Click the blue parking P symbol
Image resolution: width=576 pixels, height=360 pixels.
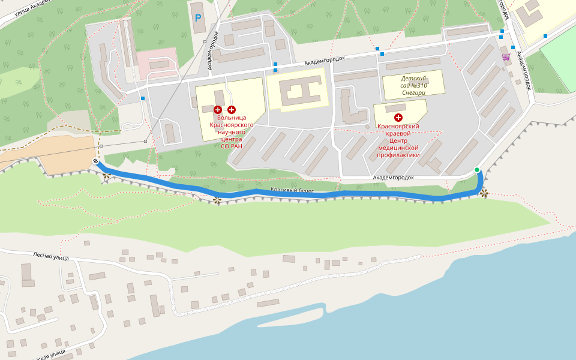[198, 18]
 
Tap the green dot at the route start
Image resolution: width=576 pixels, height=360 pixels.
[477, 170]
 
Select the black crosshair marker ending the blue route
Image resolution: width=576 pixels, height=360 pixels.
[96, 161]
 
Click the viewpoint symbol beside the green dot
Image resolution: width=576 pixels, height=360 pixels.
[484, 193]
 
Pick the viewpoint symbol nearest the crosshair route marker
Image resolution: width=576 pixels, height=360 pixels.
[107, 175]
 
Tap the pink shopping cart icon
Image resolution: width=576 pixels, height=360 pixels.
[506, 57]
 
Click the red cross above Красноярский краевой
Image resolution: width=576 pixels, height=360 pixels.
[398, 118]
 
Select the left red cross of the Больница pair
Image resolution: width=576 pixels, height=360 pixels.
[218, 109]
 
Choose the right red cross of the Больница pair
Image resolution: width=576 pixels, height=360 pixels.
[232, 109]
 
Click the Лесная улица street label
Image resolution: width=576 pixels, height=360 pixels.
[52, 257]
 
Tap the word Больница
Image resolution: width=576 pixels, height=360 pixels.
[232, 118]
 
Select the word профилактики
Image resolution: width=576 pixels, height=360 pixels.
[398, 155]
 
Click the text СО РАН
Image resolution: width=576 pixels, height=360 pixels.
[232, 146]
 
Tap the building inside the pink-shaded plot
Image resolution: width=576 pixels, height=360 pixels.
[159, 64]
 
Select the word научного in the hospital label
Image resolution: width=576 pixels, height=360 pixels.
[232, 132]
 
